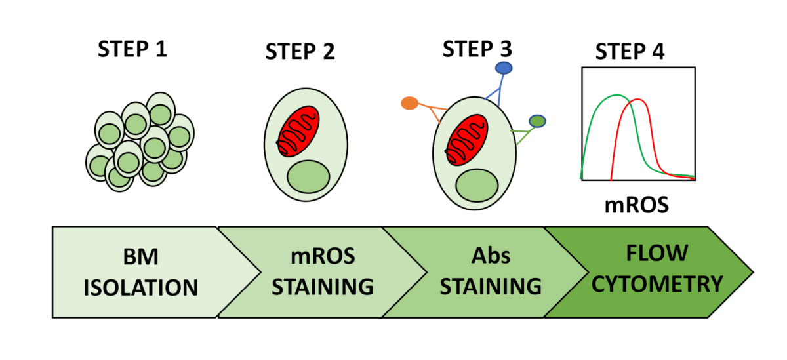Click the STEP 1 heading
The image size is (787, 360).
[132, 49]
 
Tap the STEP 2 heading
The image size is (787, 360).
[300, 52]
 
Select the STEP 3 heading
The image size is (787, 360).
[477, 49]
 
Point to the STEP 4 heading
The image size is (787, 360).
[630, 52]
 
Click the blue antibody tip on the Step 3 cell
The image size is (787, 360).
[504, 68]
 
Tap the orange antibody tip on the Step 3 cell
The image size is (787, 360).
[410, 103]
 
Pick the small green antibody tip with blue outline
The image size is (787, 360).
[537, 121]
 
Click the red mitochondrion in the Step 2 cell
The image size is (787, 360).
[298, 131]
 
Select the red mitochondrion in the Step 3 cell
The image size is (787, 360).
[467, 140]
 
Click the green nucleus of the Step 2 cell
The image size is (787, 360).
[308, 177]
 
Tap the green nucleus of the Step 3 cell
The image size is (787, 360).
[477, 186]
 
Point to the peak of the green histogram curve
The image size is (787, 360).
[617, 95]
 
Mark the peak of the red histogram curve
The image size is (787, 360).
[638, 100]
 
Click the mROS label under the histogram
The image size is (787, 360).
[637, 205]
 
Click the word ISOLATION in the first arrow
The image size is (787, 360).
[140, 288]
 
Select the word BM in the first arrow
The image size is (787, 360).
[140, 257]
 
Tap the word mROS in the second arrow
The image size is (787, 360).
[323, 256]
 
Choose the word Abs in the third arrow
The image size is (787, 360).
[491, 255]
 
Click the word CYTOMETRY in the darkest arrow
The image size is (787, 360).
[657, 284]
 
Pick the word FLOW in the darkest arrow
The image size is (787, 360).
[657, 253]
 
